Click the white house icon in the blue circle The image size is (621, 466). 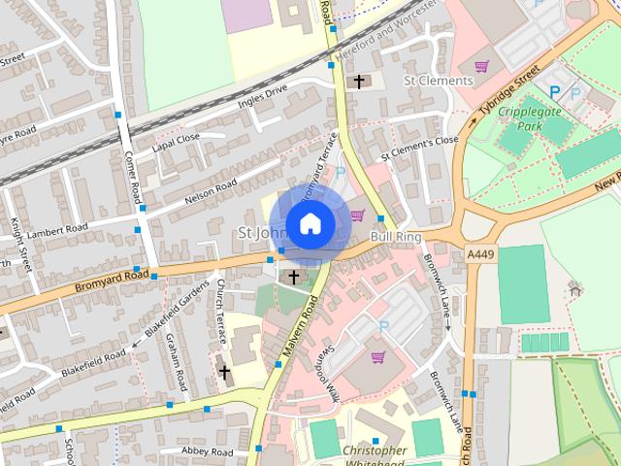310,224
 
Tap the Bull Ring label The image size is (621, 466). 395,236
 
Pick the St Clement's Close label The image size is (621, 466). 418,148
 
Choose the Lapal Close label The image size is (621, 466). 176,144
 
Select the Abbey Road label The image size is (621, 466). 210,451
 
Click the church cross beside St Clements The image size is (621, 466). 359,82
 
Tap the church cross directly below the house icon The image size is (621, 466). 293,278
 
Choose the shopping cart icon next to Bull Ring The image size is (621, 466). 357,216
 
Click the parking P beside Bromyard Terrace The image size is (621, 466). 339,173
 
